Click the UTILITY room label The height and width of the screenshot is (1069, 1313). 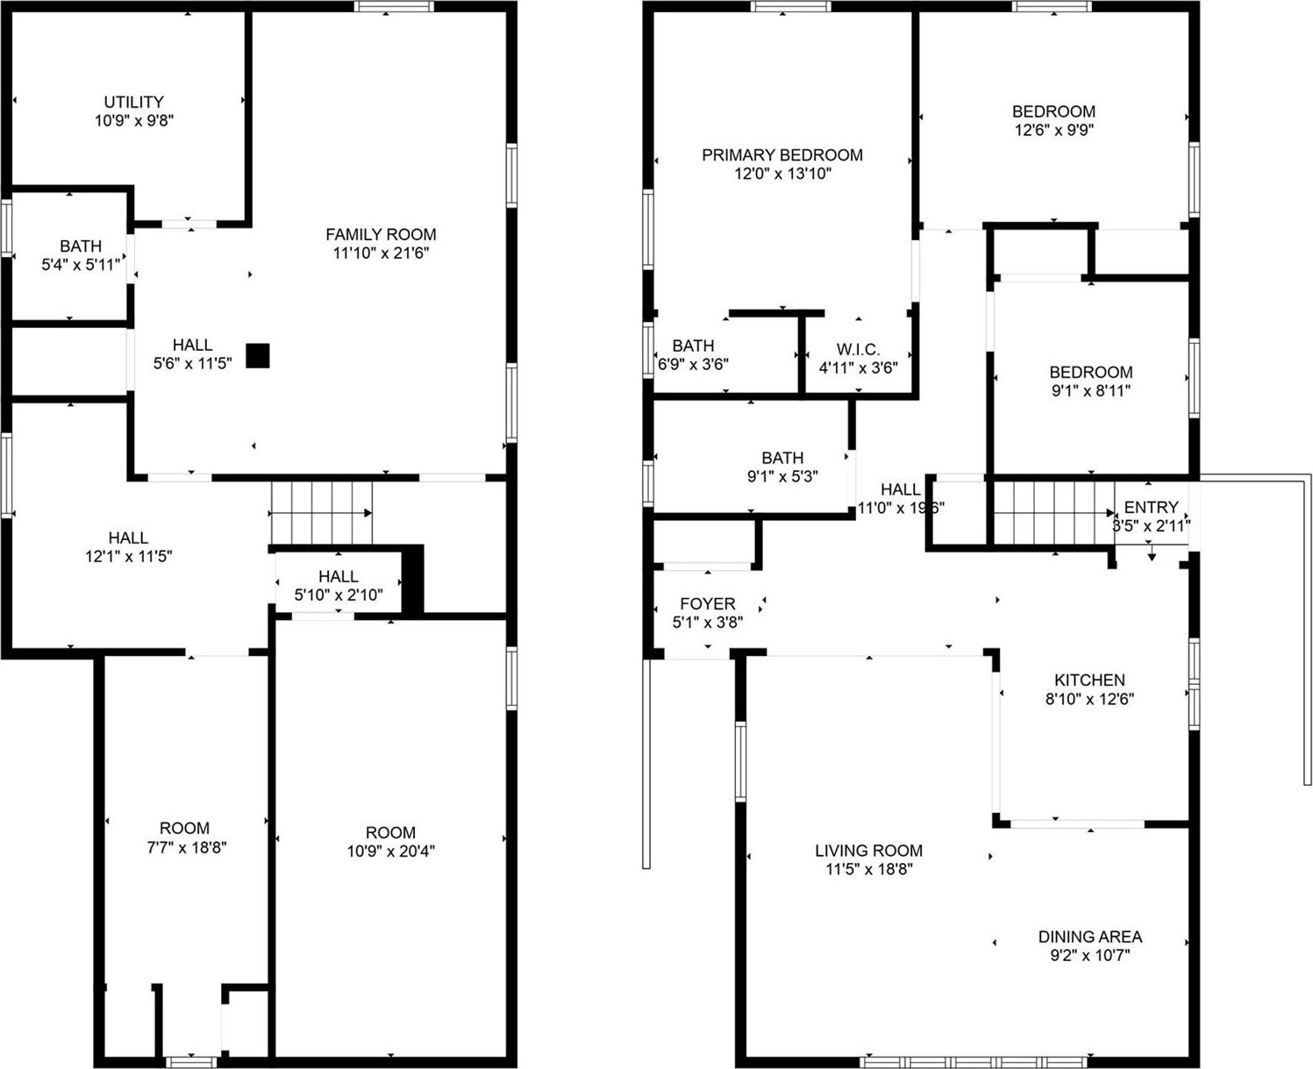pyautogui.click(x=133, y=102)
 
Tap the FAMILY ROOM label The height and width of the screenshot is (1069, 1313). pyautogui.click(x=381, y=234)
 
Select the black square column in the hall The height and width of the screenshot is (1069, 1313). pyautogui.click(x=257, y=355)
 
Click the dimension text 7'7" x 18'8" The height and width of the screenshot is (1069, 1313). pyautogui.click(x=184, y=847)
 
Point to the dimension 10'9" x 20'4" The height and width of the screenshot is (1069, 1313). pyautogui.click(x=390, y=851)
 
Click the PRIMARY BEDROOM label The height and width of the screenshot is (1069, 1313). pyautogui.click(x=781, y=155)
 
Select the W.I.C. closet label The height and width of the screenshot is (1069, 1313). pyautogui.click(x=858, y=350)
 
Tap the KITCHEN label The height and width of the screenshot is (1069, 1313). pyautogui.click(x=1089, y=680)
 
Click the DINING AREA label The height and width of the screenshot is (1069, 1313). pyautogui.click(x=1089, y=937)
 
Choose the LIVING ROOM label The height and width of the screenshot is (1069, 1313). pyautogui.click(x=868, y=850)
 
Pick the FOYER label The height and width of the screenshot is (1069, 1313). pyautogui.click(x=707, y=603)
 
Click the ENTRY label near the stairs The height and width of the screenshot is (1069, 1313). pyautogui.click(x=1151, y=507)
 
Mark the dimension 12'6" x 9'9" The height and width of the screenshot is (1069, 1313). pyautogui.click(x=1053, y=130)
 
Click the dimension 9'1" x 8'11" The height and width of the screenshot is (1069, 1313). pyautogui.click(x=1090, y=390)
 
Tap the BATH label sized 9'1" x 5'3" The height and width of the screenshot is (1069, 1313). pyautogui.click(x=781, y=458)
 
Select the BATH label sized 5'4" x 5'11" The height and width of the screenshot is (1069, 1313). pyautogui.click(x=81, y=246)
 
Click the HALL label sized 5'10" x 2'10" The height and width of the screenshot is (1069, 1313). pyautogui.click(x=338, y=576)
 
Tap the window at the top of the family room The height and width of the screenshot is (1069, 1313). pyautogui.click(x=394, y=6)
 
